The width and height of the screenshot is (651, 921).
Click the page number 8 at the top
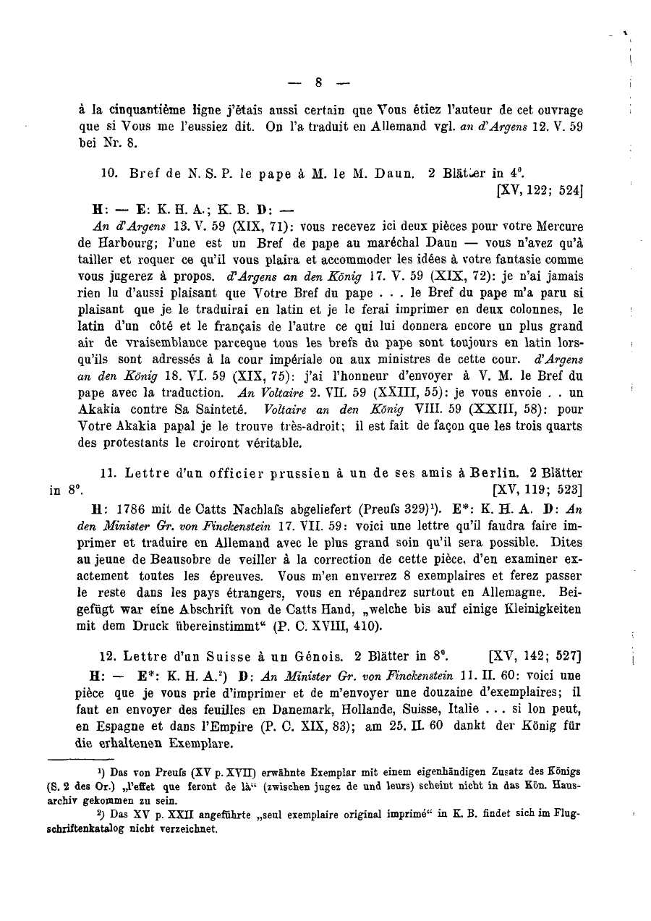pyautogui.click(x=319, y=82)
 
